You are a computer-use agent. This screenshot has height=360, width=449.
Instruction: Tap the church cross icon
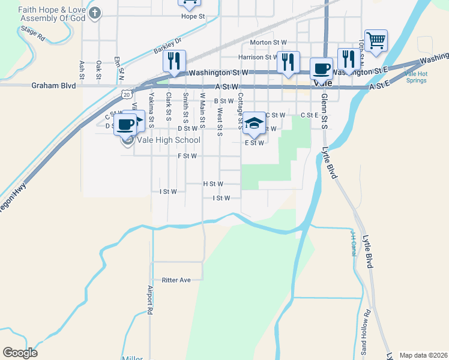[95, 13]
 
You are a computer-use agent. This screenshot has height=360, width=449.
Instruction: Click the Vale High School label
[169, 140]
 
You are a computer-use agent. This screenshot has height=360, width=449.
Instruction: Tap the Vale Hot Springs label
[416, 77]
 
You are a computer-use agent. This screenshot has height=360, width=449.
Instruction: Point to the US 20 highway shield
[125, 94]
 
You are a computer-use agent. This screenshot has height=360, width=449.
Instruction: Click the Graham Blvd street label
[54, 86]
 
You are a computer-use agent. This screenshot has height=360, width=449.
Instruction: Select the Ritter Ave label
[176, 280]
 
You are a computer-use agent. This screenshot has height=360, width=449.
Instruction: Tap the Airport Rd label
[150, 301]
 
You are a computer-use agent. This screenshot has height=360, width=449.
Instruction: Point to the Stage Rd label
[32, 33]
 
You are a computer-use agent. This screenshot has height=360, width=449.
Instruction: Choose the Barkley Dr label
[167, 47]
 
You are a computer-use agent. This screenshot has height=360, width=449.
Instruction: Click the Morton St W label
[268, 43]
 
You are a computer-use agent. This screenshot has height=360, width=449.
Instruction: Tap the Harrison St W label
[259, 58]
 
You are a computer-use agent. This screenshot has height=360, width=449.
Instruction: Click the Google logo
[20, 353]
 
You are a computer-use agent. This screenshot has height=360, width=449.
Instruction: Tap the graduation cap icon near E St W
[255, 123]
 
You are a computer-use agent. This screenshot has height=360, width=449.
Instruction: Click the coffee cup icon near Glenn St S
[321, 68]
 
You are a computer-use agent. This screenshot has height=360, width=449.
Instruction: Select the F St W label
[187, 155]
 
